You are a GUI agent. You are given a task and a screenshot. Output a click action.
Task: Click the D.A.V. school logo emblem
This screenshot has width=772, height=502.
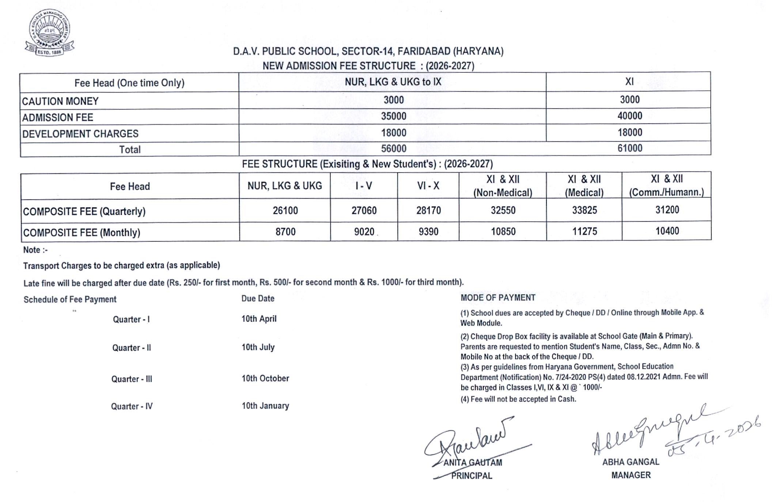pyautogui.click(x=49, y=32)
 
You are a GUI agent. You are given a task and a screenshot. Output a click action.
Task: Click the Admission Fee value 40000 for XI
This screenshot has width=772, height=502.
pyautogui.click(x=629, y=116)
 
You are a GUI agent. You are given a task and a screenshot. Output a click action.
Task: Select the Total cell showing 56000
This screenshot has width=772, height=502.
pyautogui.click(x=393, y=148)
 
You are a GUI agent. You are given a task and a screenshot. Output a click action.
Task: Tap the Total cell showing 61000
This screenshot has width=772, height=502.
pyautogui.click(x=629, y=148)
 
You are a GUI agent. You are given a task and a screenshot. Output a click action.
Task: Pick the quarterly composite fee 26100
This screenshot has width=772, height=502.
pyautogui.click(x=285, y=211)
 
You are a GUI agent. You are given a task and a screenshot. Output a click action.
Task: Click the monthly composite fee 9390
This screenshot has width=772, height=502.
pyautogui.click(x=428, y=231)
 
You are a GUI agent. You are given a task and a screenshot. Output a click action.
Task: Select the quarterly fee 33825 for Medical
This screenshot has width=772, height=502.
pyautogui.click(x=584, y=210)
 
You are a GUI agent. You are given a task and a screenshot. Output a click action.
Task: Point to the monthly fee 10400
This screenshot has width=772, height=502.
pyautogui.click(x=667, y=231)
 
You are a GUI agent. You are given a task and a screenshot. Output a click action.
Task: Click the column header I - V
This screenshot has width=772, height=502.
pyautogui.click(x=364, y=186)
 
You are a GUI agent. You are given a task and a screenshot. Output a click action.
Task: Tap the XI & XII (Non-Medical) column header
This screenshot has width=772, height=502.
pyautogui.click(x=503, y=186)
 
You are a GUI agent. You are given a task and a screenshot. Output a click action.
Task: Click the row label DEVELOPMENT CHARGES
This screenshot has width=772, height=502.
pyautogui.click(x=80, y=134)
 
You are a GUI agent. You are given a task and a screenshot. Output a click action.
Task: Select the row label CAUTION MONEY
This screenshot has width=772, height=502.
pyautogui.click(x=60, y=101)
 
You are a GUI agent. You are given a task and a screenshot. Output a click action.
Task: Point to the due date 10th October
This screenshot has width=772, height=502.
pyautogui.click(x=265, y=378)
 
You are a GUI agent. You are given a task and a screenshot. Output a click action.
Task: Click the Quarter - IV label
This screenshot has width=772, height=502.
pyautogui.click(x=132, y=406)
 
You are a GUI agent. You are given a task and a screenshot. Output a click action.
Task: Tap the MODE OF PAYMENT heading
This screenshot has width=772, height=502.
pyautogui.click(x=498, y=298)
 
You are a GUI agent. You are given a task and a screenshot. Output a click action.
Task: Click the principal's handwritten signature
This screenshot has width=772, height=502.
pyautogui.click(x=472, y=439)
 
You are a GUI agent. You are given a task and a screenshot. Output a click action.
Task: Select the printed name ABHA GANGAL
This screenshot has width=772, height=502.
pyautogui.click(x=631, y=462)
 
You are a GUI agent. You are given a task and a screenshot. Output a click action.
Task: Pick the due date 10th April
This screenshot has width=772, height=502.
pyautogui.click(x=259, y=319)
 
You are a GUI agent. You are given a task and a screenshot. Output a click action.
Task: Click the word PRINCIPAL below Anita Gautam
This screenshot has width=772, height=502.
pyautogui.click(x=472, y=476)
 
